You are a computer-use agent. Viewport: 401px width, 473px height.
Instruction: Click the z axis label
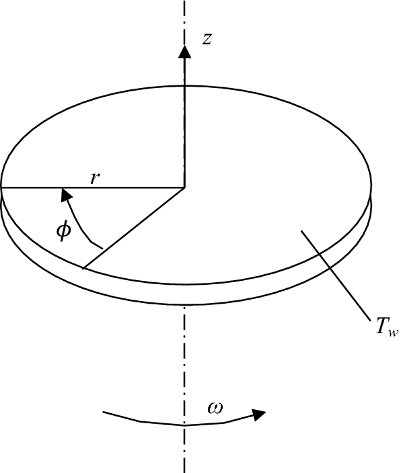[x=208, y=40]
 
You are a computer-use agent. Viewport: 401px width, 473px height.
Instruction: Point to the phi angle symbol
[x=63, y=231]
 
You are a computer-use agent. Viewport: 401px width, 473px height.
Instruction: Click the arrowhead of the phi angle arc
[x=65, y=195]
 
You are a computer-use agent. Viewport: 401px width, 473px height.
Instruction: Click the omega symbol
[x=216, y=407]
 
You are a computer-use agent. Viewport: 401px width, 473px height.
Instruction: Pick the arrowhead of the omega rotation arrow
[x=260, y=415]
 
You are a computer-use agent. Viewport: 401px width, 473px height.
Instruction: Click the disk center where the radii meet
[x=184, y=187]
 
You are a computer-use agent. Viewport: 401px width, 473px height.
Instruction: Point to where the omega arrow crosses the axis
[x=183, y=425]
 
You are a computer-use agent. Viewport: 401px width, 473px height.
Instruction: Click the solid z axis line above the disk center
[x=183, y=121]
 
